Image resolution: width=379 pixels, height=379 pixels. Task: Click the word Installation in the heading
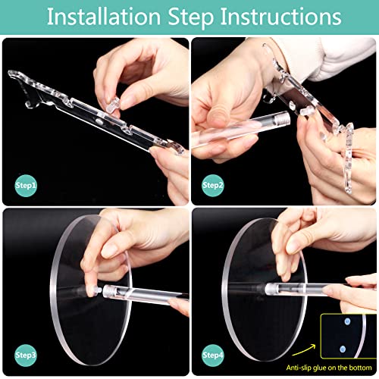[x=104, y=17]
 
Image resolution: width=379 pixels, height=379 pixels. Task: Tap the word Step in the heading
[x=191, y=17]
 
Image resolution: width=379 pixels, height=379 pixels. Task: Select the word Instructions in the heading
[x=281, y=17]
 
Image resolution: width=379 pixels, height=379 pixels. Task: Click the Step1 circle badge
[x=26, y=186]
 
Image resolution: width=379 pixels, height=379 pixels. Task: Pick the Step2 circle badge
[x=213, y=186]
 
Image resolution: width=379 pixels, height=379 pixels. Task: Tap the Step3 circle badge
[x=26, y=356]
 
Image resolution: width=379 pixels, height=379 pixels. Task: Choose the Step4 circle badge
[x=213, y=356]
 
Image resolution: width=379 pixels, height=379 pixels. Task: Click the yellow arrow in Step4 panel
[x=305, y=349]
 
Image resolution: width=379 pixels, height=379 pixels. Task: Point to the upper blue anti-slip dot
[x=347, y=321]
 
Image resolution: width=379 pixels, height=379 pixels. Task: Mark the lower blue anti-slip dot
[x=343, y=349]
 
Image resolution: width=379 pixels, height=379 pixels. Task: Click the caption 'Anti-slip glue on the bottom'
[x=329, y=368]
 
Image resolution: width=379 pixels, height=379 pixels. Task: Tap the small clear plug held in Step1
[x=113, y=105]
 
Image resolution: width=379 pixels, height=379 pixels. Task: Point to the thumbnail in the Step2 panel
[x=217, y=117]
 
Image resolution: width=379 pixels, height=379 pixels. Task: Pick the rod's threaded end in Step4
[x=270, y=289]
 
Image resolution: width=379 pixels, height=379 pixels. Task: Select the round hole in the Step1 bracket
[x=100, y=122]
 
